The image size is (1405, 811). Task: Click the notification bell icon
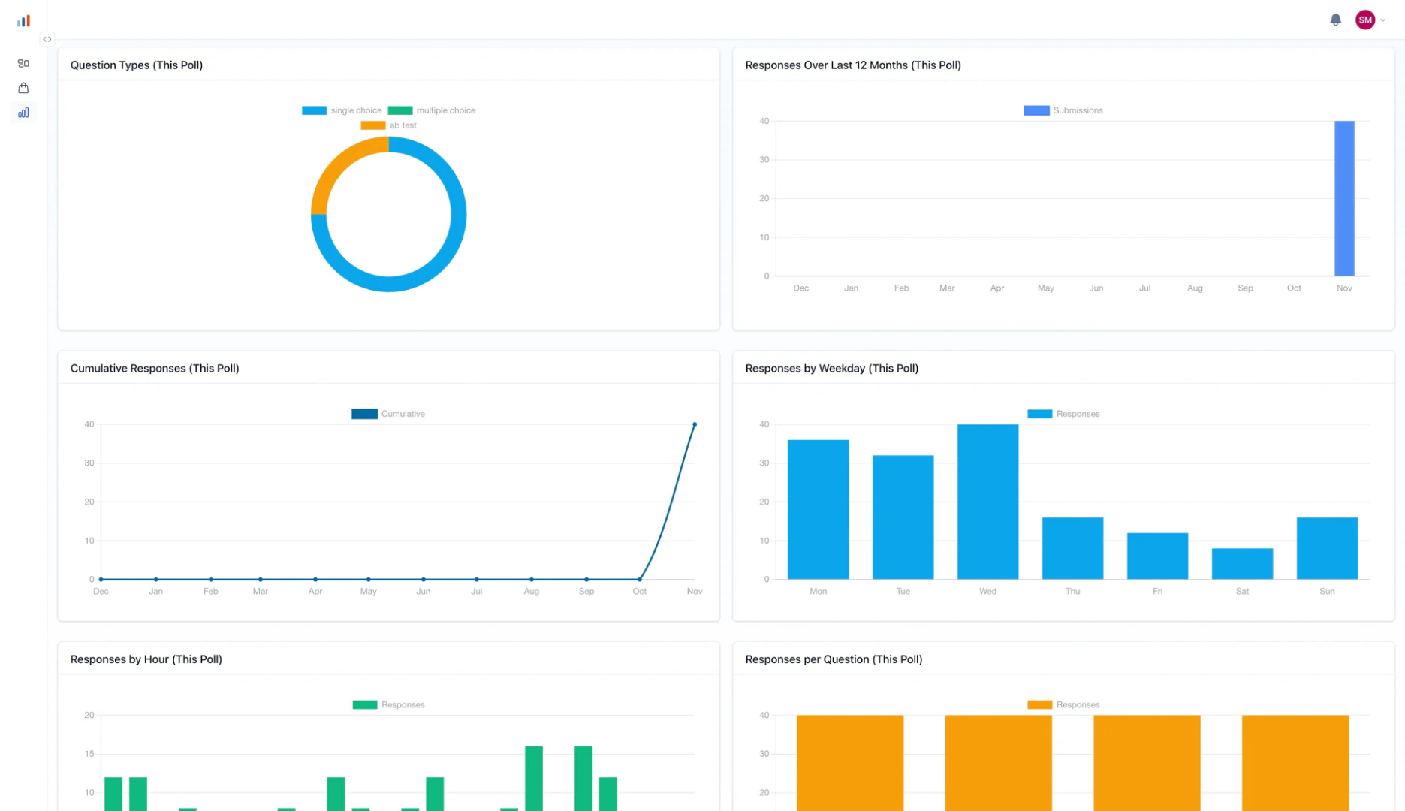[x=1335, y=20]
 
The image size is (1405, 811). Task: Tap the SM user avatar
[x=1364, y=20]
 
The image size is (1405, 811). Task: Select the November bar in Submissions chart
[x=1343, y=199]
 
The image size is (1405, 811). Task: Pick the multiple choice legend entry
[x=432, y=110]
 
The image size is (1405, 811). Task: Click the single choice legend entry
[x=342, y=110]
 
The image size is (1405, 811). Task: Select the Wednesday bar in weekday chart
[x=987, y=502]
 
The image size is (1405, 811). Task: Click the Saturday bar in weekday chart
[x=1242, y=564]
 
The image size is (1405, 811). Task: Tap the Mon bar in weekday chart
[x=818, y=509]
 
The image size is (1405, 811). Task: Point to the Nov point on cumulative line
[x=695, y=425]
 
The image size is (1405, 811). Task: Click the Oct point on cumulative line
[x=640, y=579]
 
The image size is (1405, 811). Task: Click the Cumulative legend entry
[x=388, y=414]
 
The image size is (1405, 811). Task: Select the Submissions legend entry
[x=1063, y=110]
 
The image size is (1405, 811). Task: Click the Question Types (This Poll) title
[x=137, y=65]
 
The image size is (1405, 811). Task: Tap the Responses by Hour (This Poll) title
[x=146, y=659]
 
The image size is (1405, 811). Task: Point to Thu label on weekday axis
[x=1072, y=592]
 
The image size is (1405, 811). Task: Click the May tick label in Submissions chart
[x=1045, y=288]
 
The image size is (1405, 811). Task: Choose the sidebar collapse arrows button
[x=47, y=39]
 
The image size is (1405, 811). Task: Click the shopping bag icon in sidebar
[x=23, y=88]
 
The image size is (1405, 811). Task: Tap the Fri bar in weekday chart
[x=1157, y=556]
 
